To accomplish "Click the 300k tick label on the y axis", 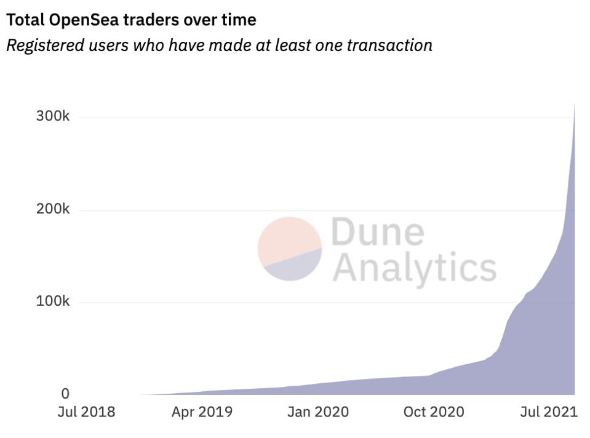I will point(53,116).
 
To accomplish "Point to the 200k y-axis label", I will point(53,209).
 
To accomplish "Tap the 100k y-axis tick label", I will point(53,301).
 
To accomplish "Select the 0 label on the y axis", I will point(65,394).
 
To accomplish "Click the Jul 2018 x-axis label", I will point(86,412).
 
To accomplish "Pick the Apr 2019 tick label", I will point(202,412).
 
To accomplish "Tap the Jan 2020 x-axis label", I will point(317,412).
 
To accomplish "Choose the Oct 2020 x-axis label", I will point(434,412).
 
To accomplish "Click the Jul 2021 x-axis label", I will point(549,412).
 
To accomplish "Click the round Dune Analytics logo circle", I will point(290,249).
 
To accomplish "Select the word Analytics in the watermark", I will point(414,267).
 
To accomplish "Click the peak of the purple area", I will point(574,105).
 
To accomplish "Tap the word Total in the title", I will point(23,20).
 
